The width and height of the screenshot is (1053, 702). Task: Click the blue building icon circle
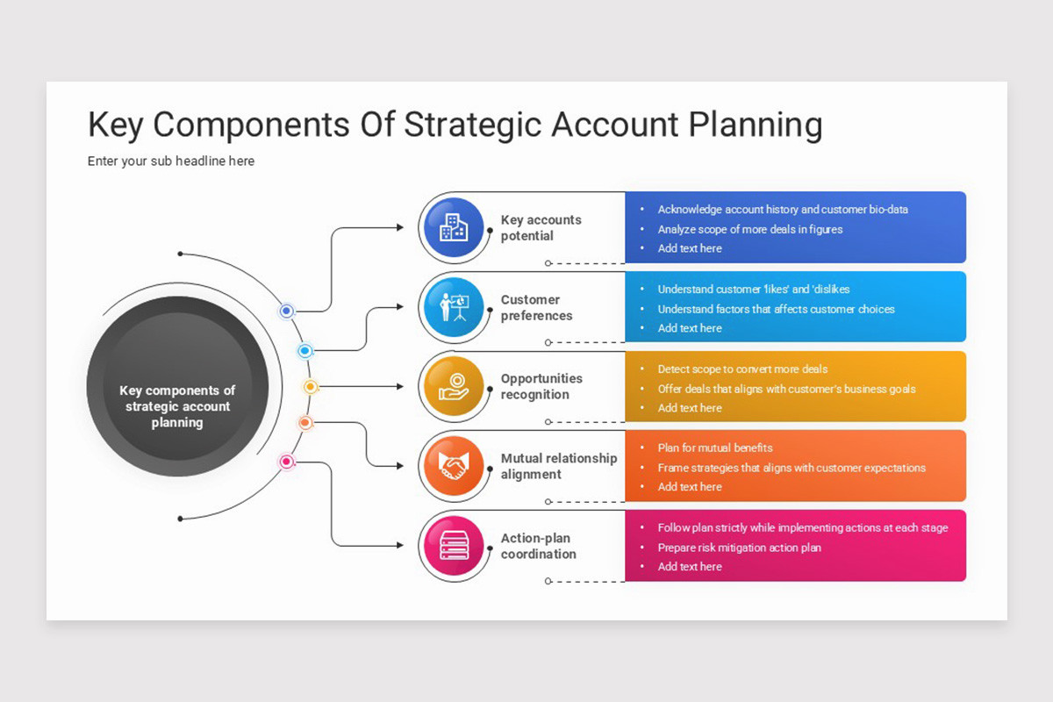tap(454, 227)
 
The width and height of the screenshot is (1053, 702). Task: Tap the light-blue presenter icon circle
tap(454, 307)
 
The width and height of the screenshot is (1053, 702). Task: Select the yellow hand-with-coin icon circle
tap(454, 386)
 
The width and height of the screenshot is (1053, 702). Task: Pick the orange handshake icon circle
tap(454, 466)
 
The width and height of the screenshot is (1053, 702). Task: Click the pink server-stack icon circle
tap(454, 546)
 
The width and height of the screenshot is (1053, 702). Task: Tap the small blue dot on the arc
tap(286, 311)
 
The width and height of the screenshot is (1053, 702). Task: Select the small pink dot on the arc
tap(286, 462)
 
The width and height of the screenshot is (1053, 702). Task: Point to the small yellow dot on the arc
tap(310, 386)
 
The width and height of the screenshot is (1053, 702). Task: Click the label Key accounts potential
tap(541, 227)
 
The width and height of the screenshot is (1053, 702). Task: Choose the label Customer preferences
tap(536, 307)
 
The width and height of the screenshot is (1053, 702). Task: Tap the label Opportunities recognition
tap(541, 386)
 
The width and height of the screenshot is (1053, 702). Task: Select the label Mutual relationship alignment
tap(559, 466)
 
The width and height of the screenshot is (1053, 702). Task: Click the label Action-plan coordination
tap(538, 546)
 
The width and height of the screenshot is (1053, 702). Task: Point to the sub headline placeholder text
tap(171, 161)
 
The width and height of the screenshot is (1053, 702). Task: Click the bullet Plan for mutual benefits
tap(715, 448)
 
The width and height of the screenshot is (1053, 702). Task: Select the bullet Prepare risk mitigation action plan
tap(739, 548)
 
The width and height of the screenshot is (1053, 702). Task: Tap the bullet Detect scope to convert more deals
tap(742, 369)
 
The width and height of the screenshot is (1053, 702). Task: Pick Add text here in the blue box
tap(690, 248)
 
